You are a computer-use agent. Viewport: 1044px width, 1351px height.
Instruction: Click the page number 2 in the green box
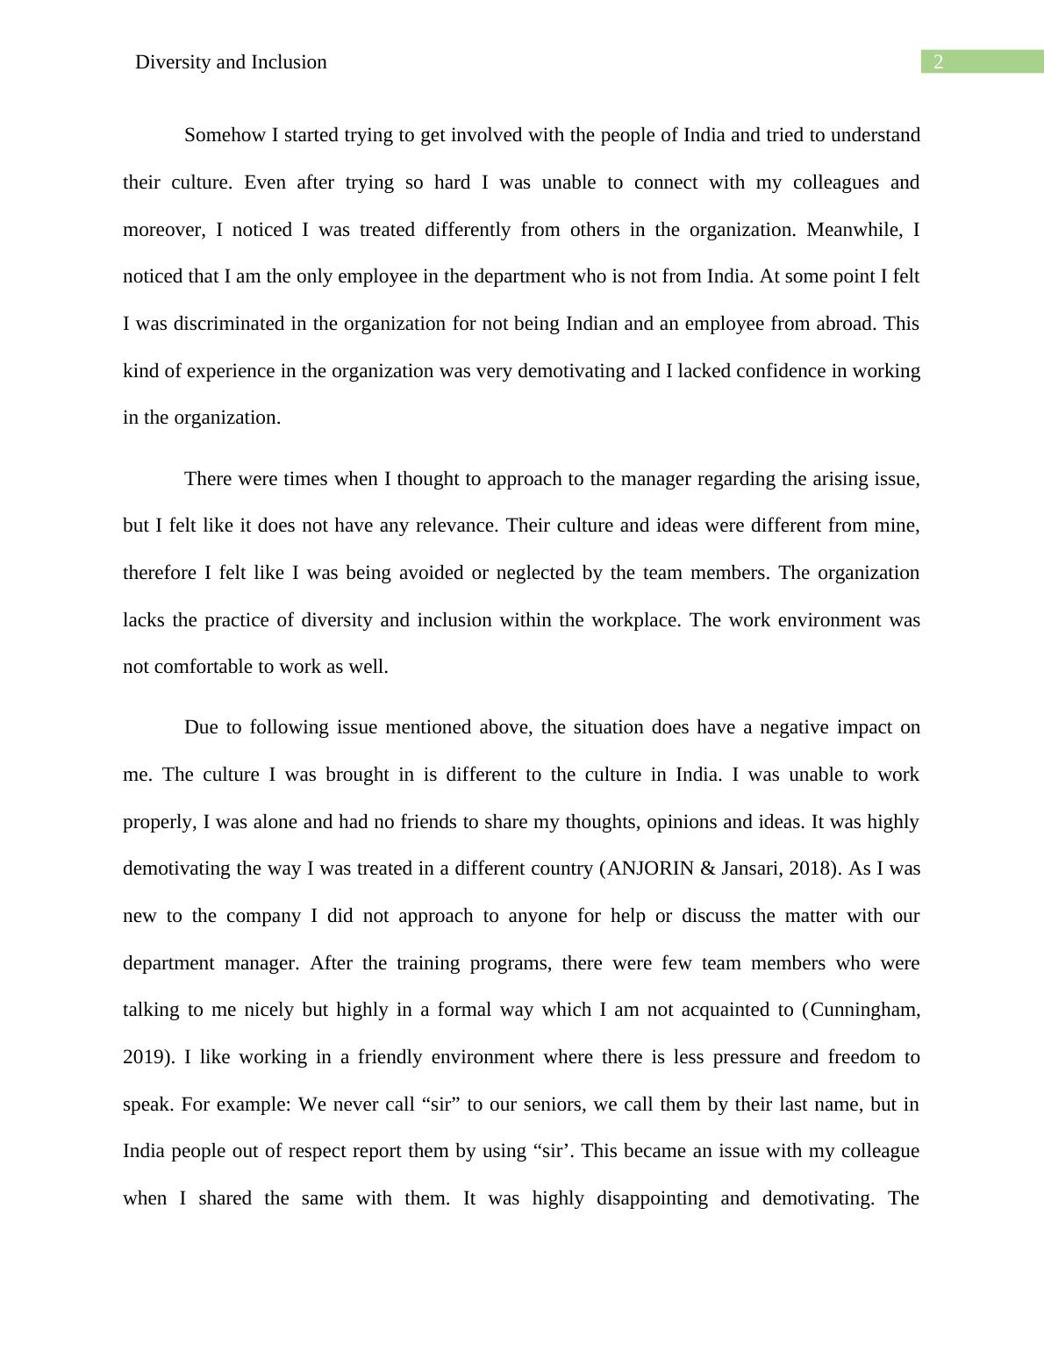click(x=938, y=61)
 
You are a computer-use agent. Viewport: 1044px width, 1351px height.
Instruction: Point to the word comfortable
click(x=203, y=667)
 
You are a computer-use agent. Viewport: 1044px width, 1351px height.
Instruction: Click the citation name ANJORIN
click(x=649, y=868)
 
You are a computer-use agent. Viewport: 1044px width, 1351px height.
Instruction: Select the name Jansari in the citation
click(x=752, y=868)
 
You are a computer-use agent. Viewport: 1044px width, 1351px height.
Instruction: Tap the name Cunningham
click(x=864, y=1010)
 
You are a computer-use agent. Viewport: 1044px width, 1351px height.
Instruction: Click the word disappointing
click(x=652, y=1198)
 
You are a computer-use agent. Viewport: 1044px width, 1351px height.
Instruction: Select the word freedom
click(x=860, y=1057)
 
